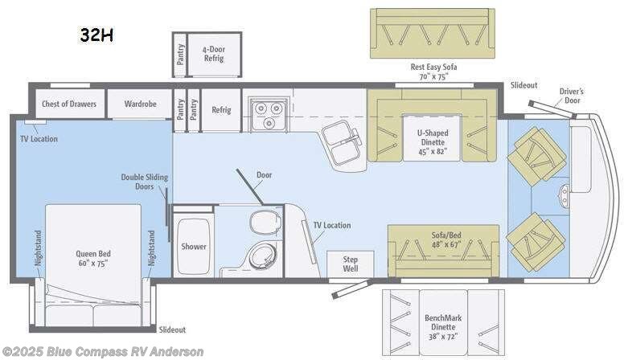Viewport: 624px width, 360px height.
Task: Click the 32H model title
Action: (96, 35)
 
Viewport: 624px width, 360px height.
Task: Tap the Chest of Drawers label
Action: (69, 104)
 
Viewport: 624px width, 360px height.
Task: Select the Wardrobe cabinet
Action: (140, 104)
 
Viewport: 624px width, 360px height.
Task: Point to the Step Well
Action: (351, 264)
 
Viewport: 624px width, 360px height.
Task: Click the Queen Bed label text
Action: (93, 258)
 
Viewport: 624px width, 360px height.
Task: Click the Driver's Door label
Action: (571, 96)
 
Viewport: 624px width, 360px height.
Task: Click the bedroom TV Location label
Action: (39, 139)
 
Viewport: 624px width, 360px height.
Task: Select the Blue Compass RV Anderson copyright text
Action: (103, 352)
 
